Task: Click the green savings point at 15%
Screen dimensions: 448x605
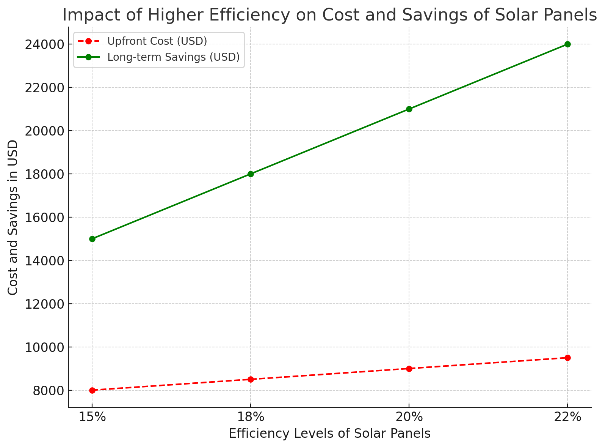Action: pos(92,239)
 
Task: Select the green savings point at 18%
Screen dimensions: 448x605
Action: pos(251,174)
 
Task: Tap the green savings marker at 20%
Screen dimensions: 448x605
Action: pos(409,109)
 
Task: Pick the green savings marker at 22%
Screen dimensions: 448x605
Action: pos(567,44)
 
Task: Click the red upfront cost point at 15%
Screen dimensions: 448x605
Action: pos(92,390)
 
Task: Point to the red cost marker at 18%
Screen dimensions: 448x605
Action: pos(251,379)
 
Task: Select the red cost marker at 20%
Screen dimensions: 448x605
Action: pos(409,369)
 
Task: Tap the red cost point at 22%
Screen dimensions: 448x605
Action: pos(567,358)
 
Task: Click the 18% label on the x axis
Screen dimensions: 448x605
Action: pos(251,417)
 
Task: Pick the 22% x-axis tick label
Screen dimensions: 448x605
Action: pos(567,417)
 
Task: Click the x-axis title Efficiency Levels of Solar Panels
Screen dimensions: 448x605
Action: pos(329,434)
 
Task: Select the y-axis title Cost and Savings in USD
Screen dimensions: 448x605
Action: pos(13,218)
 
